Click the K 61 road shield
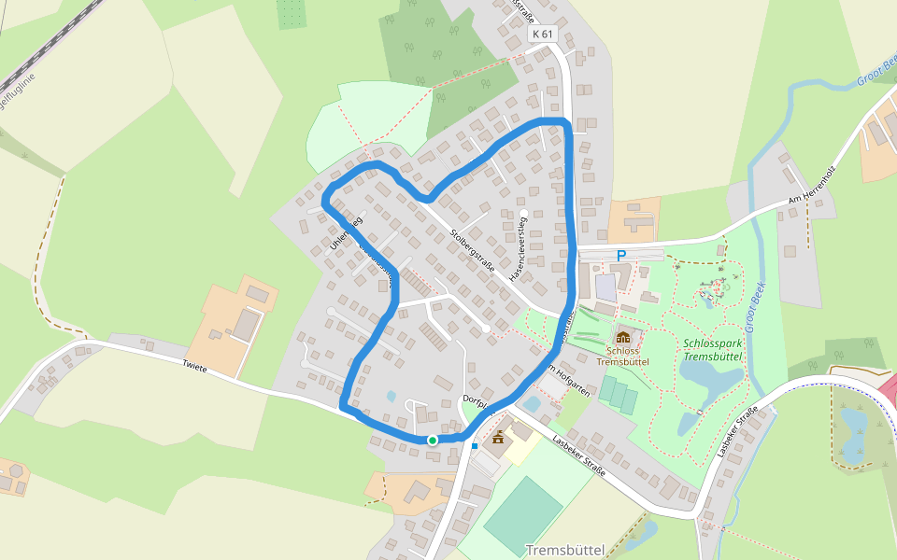point(543,35)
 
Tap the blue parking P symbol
point(620,255)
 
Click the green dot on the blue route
point(433,440)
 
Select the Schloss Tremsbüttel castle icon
point(622,336)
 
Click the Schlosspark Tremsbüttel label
point(712,349)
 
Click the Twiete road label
point(194,369)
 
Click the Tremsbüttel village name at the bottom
point(565,550)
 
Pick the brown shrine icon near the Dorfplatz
point(498,436)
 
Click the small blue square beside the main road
point(475,446)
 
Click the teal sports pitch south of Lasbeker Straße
point(523,513)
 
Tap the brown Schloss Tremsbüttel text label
point(622,356)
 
